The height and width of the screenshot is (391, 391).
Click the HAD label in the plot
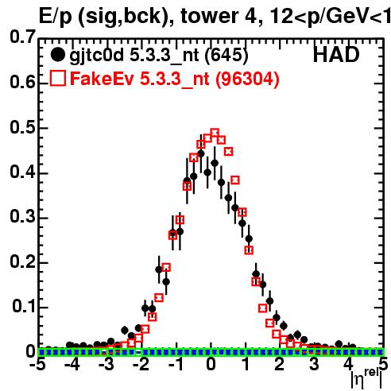click(336, 55)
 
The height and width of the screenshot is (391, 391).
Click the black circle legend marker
click(57, 55)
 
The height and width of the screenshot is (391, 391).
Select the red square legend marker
click(58, 78)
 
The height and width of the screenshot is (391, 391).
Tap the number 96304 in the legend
click(246, 79)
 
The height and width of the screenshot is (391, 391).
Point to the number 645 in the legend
click(226, 55)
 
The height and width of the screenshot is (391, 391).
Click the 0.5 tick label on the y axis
click(22, 128)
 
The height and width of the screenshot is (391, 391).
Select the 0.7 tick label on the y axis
click(22, 37)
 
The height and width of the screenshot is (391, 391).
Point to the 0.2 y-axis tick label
click(22, 261)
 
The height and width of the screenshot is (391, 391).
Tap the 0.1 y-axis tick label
click(23, 307)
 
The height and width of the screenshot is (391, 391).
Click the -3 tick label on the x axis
click(106, 364)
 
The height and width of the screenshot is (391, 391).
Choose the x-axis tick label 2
click(279, 364)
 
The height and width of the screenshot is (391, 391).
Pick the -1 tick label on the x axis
click(176, 364)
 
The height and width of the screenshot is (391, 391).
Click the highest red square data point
click(215, 133)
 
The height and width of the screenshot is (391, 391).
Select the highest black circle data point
click(201, 153)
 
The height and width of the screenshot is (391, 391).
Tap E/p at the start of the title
click(55, 17)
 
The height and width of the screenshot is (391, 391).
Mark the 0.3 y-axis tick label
click(22, 216)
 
